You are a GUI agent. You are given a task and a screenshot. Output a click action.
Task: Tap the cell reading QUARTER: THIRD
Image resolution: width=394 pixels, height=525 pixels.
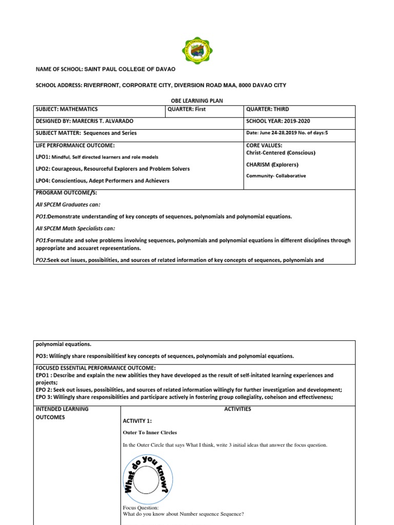click(267, 109)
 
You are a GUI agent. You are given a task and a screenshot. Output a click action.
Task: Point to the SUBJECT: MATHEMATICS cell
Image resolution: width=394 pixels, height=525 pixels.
click(67, 109)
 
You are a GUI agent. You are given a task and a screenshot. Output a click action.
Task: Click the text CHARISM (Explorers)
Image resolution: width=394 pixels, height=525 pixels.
click(272, 165)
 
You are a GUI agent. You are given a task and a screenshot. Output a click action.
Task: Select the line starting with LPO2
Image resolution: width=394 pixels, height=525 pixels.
click(112, 169)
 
